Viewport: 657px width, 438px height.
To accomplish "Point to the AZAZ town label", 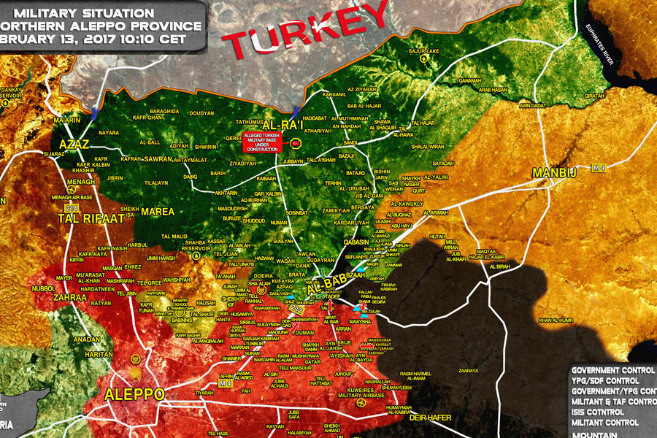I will click(x=75, y=144).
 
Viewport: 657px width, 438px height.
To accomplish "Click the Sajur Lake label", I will click(x=424, y=51).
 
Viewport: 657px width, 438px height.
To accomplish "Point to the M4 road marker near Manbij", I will click(x=599, y=168).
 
